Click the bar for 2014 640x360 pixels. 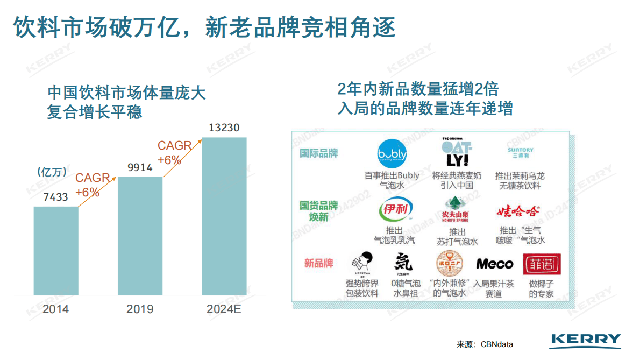coord(56,250)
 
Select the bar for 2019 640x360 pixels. coord(140,236)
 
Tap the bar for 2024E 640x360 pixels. coord(224,216)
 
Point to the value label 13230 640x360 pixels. coord(224,128)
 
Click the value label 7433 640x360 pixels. coord(56,197)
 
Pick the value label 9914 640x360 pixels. coord(140,167)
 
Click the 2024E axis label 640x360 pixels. coord(224,309)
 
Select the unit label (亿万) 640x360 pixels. coord(52,172)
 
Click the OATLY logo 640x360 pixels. coord(457,152)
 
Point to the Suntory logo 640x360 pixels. coord(520,153)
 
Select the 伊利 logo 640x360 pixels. coord(395,210)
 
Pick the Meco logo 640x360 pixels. coord(494,264)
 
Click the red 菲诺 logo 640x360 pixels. coord(542,264)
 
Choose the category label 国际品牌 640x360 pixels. coord(319,153)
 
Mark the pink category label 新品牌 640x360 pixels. coord(318,263)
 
